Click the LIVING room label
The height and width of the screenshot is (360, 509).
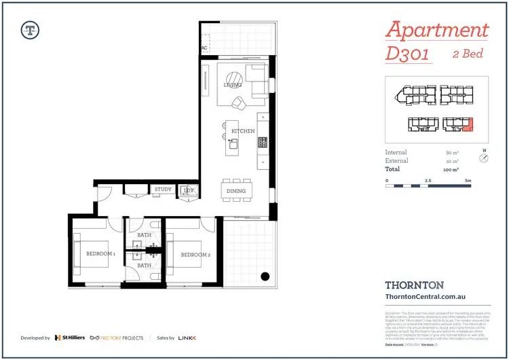point(233,86)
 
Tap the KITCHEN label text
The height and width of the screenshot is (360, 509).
point(243,130)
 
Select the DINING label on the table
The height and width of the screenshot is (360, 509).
point(236,192)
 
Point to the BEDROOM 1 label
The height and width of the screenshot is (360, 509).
point(100,255)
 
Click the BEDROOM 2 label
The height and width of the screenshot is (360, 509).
point(194,255)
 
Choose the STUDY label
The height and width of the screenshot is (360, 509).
point(163,190)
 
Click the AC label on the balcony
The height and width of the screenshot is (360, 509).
point(204,48)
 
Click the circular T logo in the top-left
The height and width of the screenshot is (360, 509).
point(30,29)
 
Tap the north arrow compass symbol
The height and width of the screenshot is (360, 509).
point(483,158)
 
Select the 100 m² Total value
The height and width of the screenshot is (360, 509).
point(452,169)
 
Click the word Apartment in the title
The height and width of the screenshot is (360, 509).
point(436,30)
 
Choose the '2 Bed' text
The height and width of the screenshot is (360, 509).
point(468,54)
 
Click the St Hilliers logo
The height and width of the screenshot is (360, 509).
point(69,338)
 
